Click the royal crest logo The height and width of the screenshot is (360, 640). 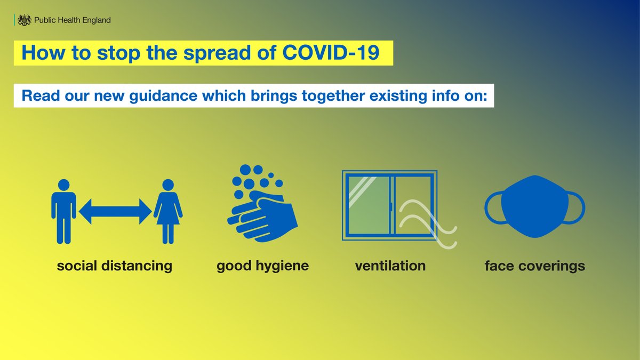[x=23, y=20]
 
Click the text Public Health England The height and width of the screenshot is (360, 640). [x=72, y=20]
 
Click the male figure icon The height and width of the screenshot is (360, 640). [x=63, y=211]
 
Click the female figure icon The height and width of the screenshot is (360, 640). [x=168, y=211]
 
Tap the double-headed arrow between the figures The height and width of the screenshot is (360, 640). [x=115, y=211]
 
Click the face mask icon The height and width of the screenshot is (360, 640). [x=534, y=208]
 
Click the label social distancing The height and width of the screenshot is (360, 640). [x=115, y=266]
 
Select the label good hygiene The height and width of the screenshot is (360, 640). [x=262, y=266]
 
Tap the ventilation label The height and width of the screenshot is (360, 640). [x=390, y=265]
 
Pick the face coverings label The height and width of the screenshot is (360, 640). [x=534, y=266]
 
